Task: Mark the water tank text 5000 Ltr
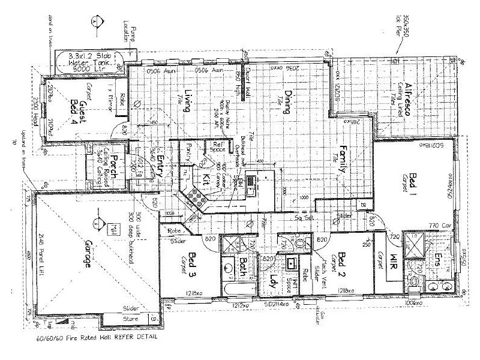point(88,68)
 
